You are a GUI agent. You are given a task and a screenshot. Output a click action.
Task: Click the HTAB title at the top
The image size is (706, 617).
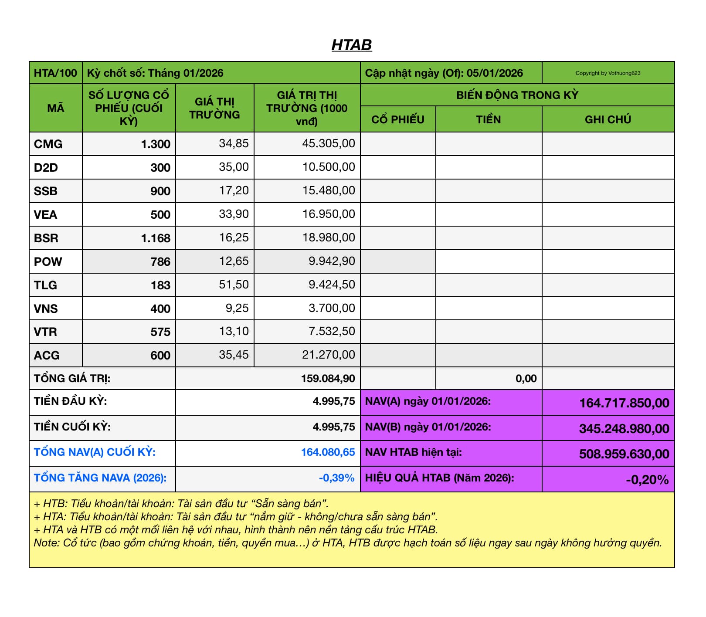tap(351, 45)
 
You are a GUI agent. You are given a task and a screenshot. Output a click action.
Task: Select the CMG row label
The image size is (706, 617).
tap(48, 144)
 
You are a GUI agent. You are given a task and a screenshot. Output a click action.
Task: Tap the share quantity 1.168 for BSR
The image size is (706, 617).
tap(156, 238)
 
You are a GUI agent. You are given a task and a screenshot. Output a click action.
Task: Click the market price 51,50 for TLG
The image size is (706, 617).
tap(234, 285)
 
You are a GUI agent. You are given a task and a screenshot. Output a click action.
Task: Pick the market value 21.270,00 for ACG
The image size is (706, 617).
tap(328, 355)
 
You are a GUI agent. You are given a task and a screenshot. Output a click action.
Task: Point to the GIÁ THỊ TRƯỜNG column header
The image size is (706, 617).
tap(214, 108)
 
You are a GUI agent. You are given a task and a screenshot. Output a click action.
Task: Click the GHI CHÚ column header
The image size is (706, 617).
tap(608, 119)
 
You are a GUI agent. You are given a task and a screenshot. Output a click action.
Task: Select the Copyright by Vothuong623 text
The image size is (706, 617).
tap(608, 73)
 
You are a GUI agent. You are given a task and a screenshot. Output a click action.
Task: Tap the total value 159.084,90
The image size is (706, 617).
tap(328, 378)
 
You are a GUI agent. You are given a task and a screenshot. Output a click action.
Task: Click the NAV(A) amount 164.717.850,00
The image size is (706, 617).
tap(624, 403)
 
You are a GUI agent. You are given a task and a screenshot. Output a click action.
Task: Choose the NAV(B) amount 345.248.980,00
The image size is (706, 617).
tap(624, 428)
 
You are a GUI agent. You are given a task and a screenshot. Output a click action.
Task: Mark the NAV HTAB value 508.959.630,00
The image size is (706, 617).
tap(624, 454)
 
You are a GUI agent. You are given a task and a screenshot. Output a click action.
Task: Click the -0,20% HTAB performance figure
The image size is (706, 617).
tap(647, 480)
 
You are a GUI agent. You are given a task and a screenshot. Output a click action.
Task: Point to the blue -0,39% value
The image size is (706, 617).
tap(336, 478)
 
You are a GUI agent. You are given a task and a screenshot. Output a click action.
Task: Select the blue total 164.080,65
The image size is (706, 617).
tap(328, 452)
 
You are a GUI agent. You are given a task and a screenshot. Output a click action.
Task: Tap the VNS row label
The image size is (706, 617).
tap(46, 308)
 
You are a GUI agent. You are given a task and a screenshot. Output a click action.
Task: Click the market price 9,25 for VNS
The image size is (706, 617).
tap(237, 308)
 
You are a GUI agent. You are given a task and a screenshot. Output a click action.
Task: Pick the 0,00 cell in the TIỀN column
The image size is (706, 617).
tap(526, 378)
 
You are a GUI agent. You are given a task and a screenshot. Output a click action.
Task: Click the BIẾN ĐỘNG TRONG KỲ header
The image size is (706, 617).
tap(517, 95)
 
